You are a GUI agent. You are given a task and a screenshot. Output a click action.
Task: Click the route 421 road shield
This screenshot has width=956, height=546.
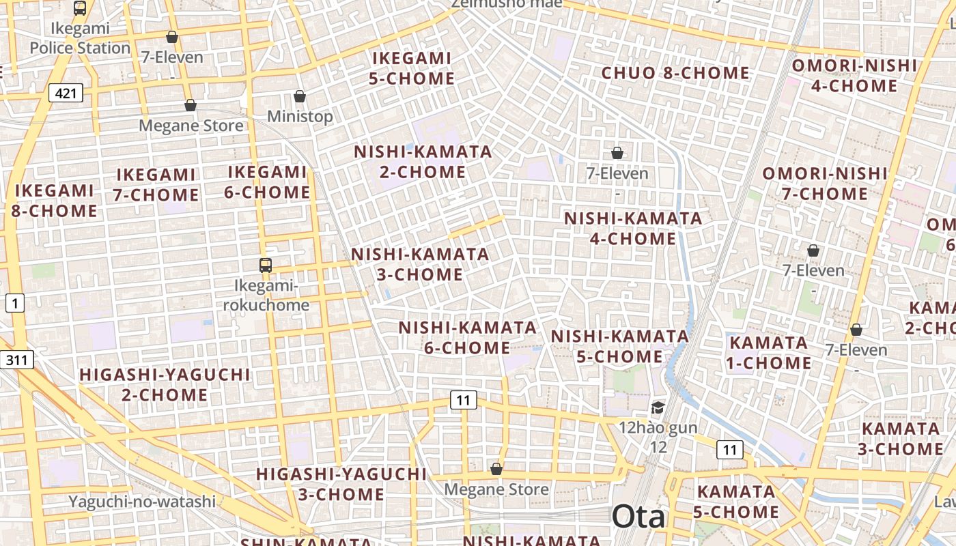[x=66, y=93]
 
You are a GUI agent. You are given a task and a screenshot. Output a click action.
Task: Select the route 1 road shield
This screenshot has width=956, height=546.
[x=15, y=304]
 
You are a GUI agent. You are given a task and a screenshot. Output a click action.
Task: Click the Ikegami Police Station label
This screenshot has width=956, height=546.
[x=80, y=39]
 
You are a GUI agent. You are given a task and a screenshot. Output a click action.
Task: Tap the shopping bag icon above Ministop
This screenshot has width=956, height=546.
[x=299, y=96]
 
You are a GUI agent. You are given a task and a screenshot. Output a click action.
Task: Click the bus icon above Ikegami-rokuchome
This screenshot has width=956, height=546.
[x=266, y=265]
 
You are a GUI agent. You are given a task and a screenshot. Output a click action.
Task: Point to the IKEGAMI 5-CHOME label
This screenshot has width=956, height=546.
[x=412, y=68]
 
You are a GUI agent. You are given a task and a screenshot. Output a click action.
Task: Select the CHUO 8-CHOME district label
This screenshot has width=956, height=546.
[x=675, y=73]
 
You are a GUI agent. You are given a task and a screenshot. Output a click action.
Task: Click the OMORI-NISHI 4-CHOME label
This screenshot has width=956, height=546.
[x=854, y=76]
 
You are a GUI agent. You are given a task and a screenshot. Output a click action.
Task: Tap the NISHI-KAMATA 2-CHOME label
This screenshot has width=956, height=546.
[x=423, y=162]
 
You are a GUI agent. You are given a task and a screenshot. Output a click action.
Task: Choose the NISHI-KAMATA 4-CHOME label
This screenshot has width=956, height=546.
[x=633, y=229]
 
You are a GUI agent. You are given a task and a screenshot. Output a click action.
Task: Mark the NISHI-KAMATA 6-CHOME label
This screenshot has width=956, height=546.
[x=468, y=338]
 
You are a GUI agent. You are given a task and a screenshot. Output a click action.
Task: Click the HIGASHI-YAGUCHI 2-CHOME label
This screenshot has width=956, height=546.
[x=165, y=385]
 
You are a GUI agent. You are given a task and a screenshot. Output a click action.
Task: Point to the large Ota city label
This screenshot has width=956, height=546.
[x=638, y=517]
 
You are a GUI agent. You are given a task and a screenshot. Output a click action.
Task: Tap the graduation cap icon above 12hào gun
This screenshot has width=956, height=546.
[x=658, y=408]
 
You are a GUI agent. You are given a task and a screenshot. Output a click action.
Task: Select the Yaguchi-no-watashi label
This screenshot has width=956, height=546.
[x=142, y=502]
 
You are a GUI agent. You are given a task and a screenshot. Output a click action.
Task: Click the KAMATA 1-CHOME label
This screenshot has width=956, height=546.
[x=769, y=353]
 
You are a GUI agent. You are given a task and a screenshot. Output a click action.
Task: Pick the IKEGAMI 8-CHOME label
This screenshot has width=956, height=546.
[x=54, y=201]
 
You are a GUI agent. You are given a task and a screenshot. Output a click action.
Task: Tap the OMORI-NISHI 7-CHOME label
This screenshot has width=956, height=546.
[x=825, y=184]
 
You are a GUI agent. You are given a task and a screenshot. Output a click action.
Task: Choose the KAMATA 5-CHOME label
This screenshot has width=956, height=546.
[x=737, y=502]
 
